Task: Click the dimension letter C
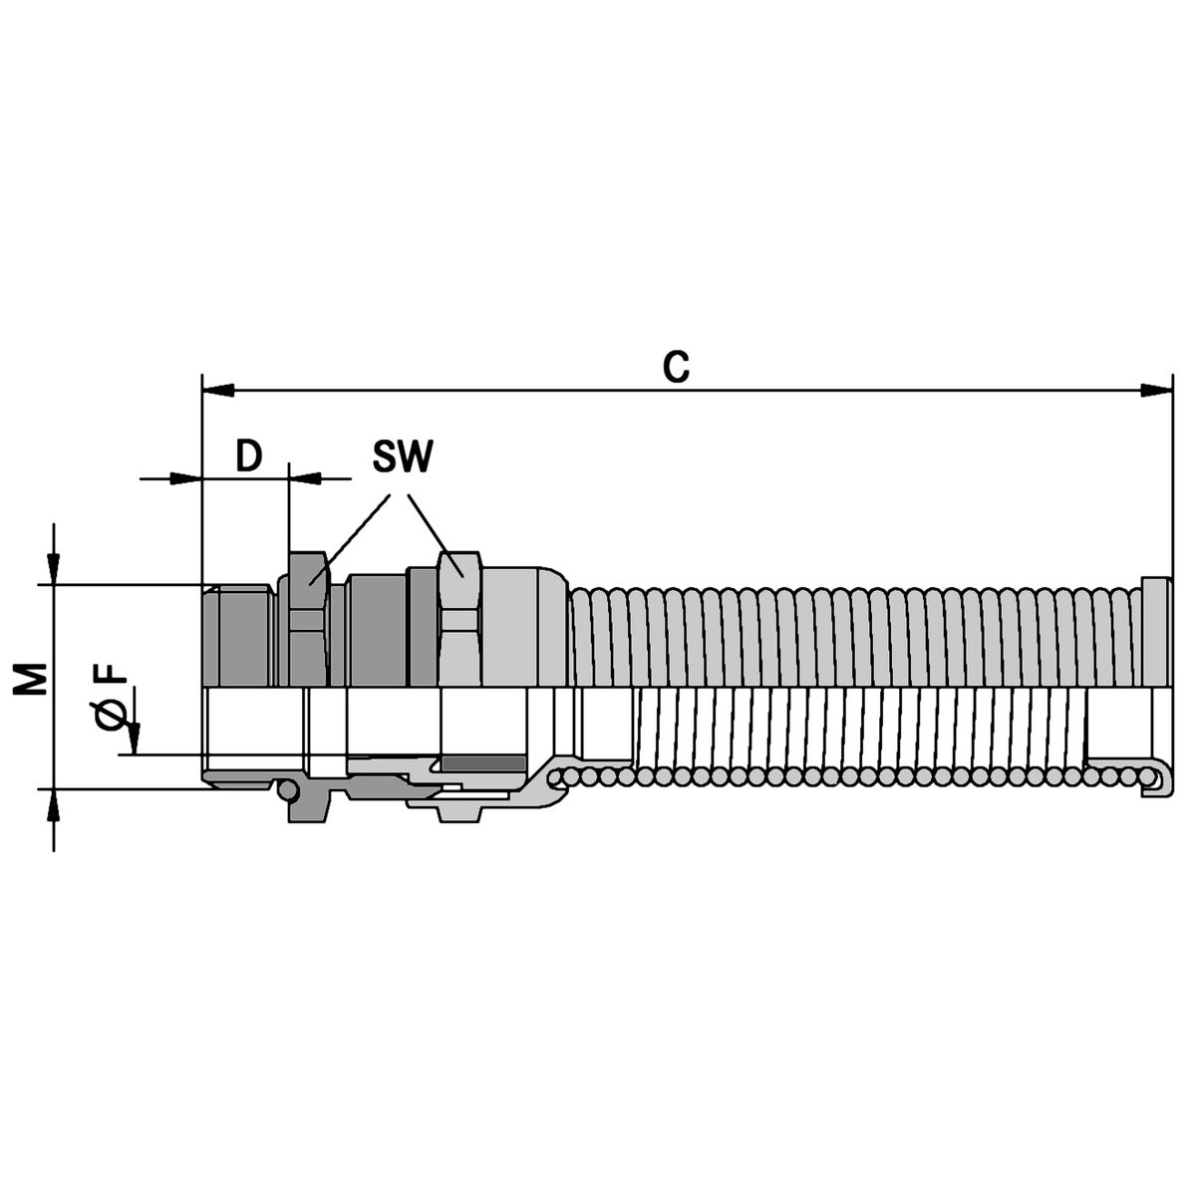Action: click(x=676, y=367)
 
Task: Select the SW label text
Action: click(x=403, y=456)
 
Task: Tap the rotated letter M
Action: click(x=31, y=679)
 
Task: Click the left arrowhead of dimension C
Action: click(x=218, y=391)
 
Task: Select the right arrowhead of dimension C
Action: click(x=1157, y=391)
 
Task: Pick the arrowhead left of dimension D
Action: click(x=186, y=478)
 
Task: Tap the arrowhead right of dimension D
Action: click(x=305, y=478)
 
